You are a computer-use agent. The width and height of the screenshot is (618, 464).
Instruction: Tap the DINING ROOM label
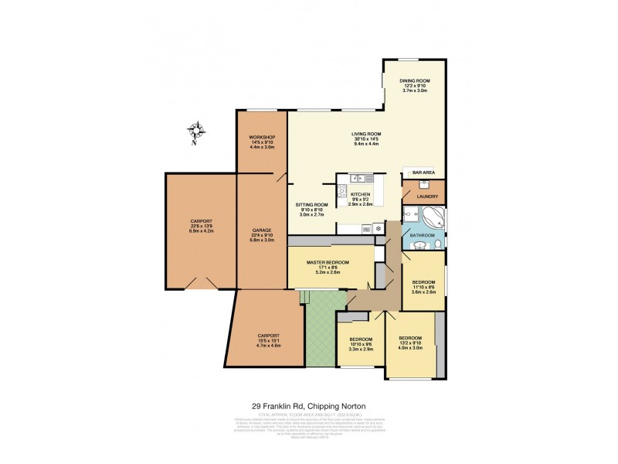tap(414, 80)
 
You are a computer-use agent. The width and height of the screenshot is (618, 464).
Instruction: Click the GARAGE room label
tap(261, 230)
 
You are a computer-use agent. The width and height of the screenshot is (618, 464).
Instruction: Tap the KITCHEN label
tap(361, 195)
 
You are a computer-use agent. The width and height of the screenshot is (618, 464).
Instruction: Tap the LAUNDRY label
tap(427, 196)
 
